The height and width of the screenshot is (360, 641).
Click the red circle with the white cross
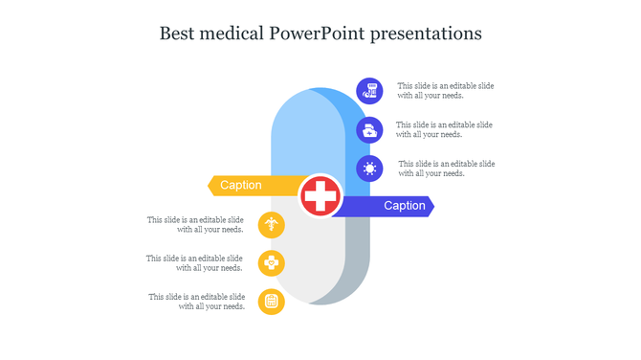pos(320,196)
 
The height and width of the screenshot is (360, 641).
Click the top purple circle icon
pos(369,91)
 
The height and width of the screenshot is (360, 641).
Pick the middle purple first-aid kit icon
pos(369,130)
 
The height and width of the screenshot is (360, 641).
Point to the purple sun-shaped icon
pos(369,169)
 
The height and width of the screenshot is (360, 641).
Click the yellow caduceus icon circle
pos(272,226)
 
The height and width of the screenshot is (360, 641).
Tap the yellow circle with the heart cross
pos(272,263)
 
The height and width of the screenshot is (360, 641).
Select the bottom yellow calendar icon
pos(272,302)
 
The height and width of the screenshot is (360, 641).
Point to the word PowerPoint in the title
pos(322,34)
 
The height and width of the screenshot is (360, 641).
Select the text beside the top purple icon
pos(446,91)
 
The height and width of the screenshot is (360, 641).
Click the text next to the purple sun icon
pos(446,169)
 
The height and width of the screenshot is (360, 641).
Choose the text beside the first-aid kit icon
pos(445,129)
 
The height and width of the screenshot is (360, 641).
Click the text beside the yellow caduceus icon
pos(195,225)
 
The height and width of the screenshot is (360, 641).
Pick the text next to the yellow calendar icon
pos(196,302)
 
